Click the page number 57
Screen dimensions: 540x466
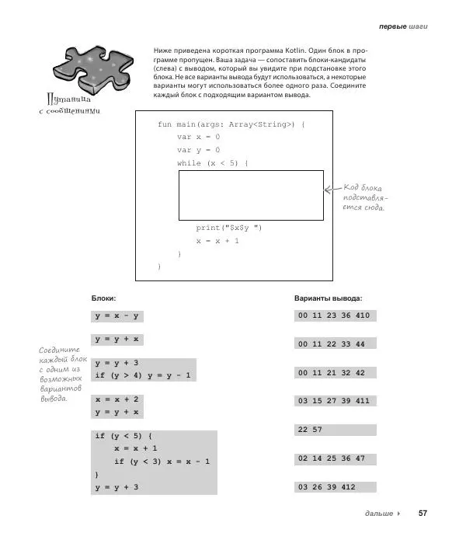click(423, 514)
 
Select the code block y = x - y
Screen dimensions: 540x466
click(116, 315)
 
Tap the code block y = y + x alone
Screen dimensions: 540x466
click(116, 340)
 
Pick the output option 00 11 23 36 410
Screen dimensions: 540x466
click(333, 315)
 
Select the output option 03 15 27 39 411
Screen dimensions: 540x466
click(333, 401)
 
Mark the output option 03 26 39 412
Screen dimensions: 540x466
click(333, 487)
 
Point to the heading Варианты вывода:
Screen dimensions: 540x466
click(328, 298)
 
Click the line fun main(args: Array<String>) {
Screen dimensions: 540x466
click(231, 124)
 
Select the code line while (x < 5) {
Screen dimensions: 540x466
click(212, 163)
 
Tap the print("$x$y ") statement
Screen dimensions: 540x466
click(229, 228)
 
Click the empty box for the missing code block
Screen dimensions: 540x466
click(251, 196)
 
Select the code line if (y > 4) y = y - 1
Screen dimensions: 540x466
click(144, 375)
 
